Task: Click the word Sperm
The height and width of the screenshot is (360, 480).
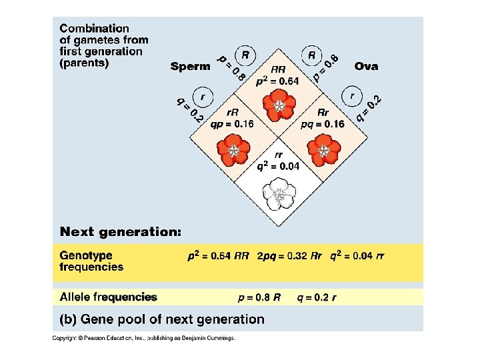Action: point(191,66)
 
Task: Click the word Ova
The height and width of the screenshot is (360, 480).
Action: point(367,66)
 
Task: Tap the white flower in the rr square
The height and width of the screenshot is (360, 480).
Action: point(278,194)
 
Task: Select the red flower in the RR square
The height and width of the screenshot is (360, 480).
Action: point(278,105)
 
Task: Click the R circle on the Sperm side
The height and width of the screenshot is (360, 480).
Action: point(246,55)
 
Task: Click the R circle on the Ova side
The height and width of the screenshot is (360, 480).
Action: point(311,55)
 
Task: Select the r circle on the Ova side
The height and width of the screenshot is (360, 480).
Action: point(353,97)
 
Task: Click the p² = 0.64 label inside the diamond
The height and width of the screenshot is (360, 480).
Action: point(279,81)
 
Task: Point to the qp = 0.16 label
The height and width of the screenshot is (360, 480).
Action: point(232,124)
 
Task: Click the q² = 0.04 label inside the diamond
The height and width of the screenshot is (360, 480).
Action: point(279,166)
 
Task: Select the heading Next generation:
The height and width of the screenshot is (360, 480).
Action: point(121,232)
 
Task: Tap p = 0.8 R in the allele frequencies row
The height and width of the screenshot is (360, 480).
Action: point(259,297)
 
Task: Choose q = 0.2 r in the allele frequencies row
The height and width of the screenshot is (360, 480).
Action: point(316,297)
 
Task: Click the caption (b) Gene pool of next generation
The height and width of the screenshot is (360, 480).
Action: point(162,319)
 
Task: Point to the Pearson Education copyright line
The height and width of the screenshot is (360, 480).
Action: point(144,338)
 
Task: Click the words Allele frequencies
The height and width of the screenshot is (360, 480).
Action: point(109,297)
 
